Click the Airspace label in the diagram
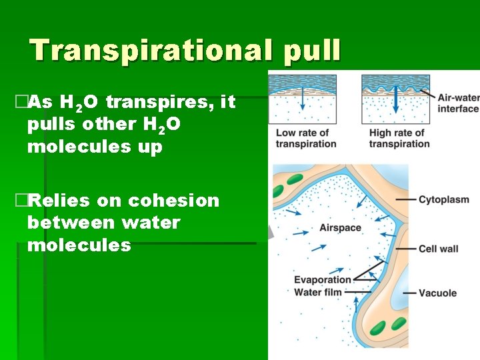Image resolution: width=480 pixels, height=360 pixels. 340,228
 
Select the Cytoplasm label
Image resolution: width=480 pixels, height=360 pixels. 444,199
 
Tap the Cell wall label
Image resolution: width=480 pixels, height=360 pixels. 438,249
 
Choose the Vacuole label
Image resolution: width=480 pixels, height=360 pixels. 437,293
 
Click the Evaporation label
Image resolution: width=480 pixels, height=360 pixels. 322,280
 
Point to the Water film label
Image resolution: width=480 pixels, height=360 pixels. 319,291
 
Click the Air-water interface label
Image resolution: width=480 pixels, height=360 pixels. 458,103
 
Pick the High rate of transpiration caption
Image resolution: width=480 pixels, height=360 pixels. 399,138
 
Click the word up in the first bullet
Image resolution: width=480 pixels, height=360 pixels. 149,147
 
